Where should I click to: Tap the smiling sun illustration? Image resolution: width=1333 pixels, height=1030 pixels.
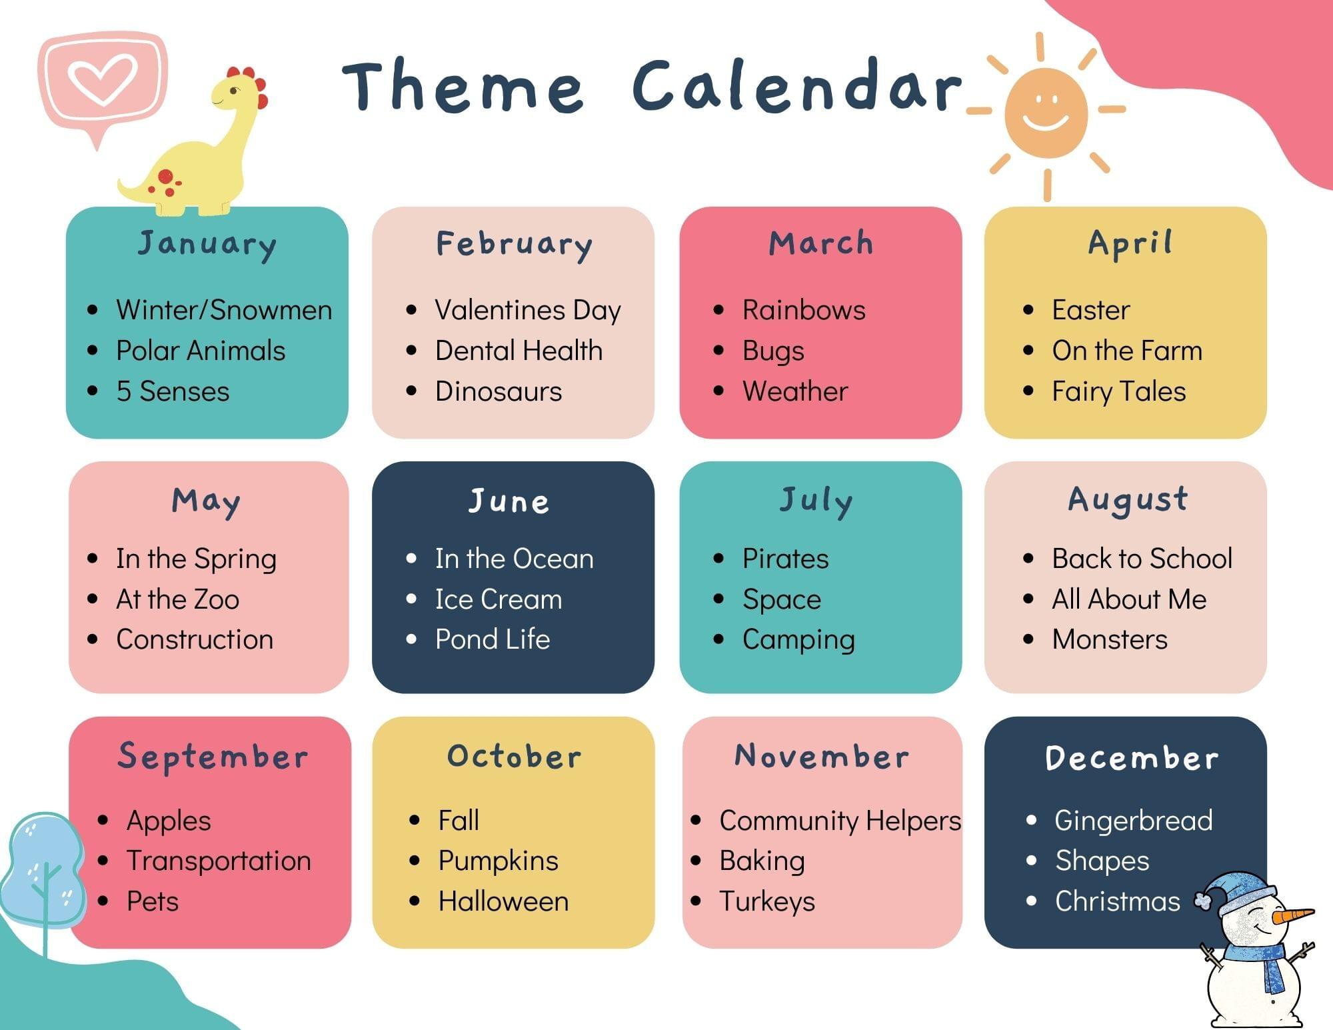[x=1046, y=113]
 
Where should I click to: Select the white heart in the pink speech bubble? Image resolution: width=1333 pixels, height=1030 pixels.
[x=103, y=79]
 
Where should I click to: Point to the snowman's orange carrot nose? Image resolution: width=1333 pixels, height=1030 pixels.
[x=1292, y=915]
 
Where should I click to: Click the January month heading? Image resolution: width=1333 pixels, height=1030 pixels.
[x=207, y=245]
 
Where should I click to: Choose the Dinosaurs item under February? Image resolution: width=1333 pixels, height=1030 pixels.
[x=499, y=391]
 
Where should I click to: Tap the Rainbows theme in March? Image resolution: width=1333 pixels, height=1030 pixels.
[x=804, y=310]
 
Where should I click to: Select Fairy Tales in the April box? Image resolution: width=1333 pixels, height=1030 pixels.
[x=1119, y=391]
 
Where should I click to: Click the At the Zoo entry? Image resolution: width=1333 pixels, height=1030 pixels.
[x=177, y=599]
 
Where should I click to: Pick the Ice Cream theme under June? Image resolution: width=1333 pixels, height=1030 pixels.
[x=499, y=599]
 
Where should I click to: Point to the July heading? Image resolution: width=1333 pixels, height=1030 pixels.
[x=816, y=501]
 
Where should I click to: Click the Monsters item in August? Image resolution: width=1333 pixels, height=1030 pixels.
[x=1110, y=639]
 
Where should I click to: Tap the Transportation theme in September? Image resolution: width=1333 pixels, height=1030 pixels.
[x=219, y=861]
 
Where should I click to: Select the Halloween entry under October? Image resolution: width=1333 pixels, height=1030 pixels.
[x=503, y=901]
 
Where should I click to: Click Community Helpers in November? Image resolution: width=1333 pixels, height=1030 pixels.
[x=840, y=821]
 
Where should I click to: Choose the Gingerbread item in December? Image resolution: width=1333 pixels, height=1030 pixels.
[x=1134, y=821]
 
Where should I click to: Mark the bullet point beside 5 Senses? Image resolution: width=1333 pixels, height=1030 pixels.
[x=93, y=391]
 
